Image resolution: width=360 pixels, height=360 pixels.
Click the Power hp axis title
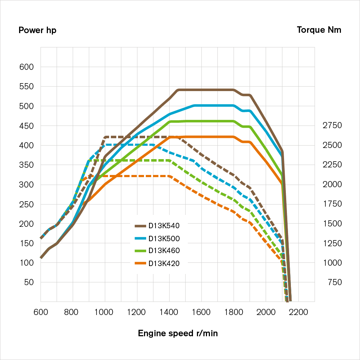(x=37, y=30)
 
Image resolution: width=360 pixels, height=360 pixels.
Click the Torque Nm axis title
(x=319, y=30)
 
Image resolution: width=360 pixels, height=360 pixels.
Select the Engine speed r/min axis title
(x=178, y=333)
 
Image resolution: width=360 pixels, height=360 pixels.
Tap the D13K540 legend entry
(x=164, y=226)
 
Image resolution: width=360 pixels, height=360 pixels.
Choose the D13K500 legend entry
(x=164, y=238)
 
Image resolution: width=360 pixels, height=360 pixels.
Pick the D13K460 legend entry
(x=164, y=251)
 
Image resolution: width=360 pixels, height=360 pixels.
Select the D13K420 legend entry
(x=164, y=263)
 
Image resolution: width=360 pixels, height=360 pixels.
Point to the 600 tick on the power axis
(x=26, y=67)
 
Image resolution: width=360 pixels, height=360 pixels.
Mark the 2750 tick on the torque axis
(x=333, y=126)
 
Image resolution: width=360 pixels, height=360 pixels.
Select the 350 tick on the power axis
(x=26, y=165)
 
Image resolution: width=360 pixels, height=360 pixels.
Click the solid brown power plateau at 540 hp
(x=205, y=90)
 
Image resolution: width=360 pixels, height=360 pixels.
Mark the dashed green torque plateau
(x=137, y=160)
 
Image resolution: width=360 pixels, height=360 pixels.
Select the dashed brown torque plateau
(x=137, y=137)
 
